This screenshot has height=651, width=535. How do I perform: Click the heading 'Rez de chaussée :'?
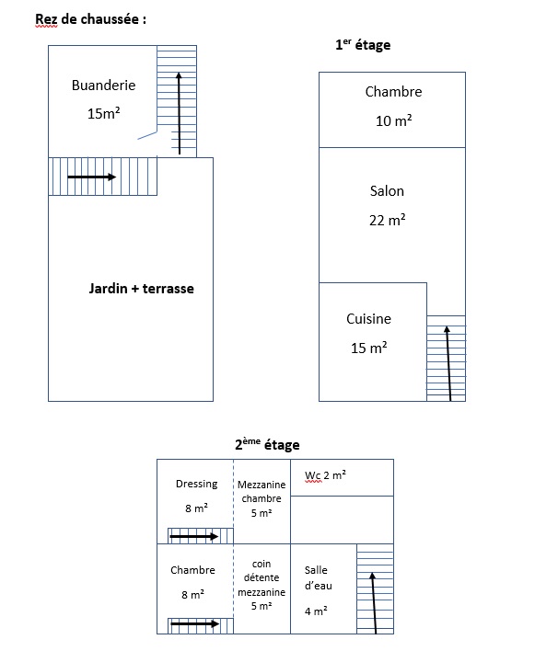[90, 19]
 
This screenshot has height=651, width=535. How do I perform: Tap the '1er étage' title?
[363, 45]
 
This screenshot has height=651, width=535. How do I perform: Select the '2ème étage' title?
[267, 445]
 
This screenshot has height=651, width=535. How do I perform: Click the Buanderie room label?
[103, 86]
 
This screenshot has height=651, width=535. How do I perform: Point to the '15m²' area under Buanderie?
[103, 113]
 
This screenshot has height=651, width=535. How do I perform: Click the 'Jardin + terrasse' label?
[141, 289]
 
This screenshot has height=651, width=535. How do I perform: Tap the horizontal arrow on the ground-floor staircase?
[91, 177]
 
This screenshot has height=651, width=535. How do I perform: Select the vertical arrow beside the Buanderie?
[180, 113]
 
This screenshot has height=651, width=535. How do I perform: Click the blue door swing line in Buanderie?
[147, 135]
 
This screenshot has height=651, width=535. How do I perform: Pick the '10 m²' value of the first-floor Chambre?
[394, 120]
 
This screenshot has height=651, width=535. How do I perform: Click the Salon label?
[387, 191]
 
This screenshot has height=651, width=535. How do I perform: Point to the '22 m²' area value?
[388, 220]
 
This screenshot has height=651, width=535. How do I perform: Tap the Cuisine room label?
[368, 319]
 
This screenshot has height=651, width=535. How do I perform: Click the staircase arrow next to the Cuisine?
[448, 364]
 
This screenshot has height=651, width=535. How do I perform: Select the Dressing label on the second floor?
[197, 484]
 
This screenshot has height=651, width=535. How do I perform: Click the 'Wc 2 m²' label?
[325, 475]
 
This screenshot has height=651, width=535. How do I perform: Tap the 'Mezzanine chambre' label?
[262, 492]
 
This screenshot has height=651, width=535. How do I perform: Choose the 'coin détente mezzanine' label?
[262, 578]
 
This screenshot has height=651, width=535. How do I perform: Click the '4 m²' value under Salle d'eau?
[316, 611]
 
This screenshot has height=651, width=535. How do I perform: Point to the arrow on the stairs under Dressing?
[194, 536]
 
